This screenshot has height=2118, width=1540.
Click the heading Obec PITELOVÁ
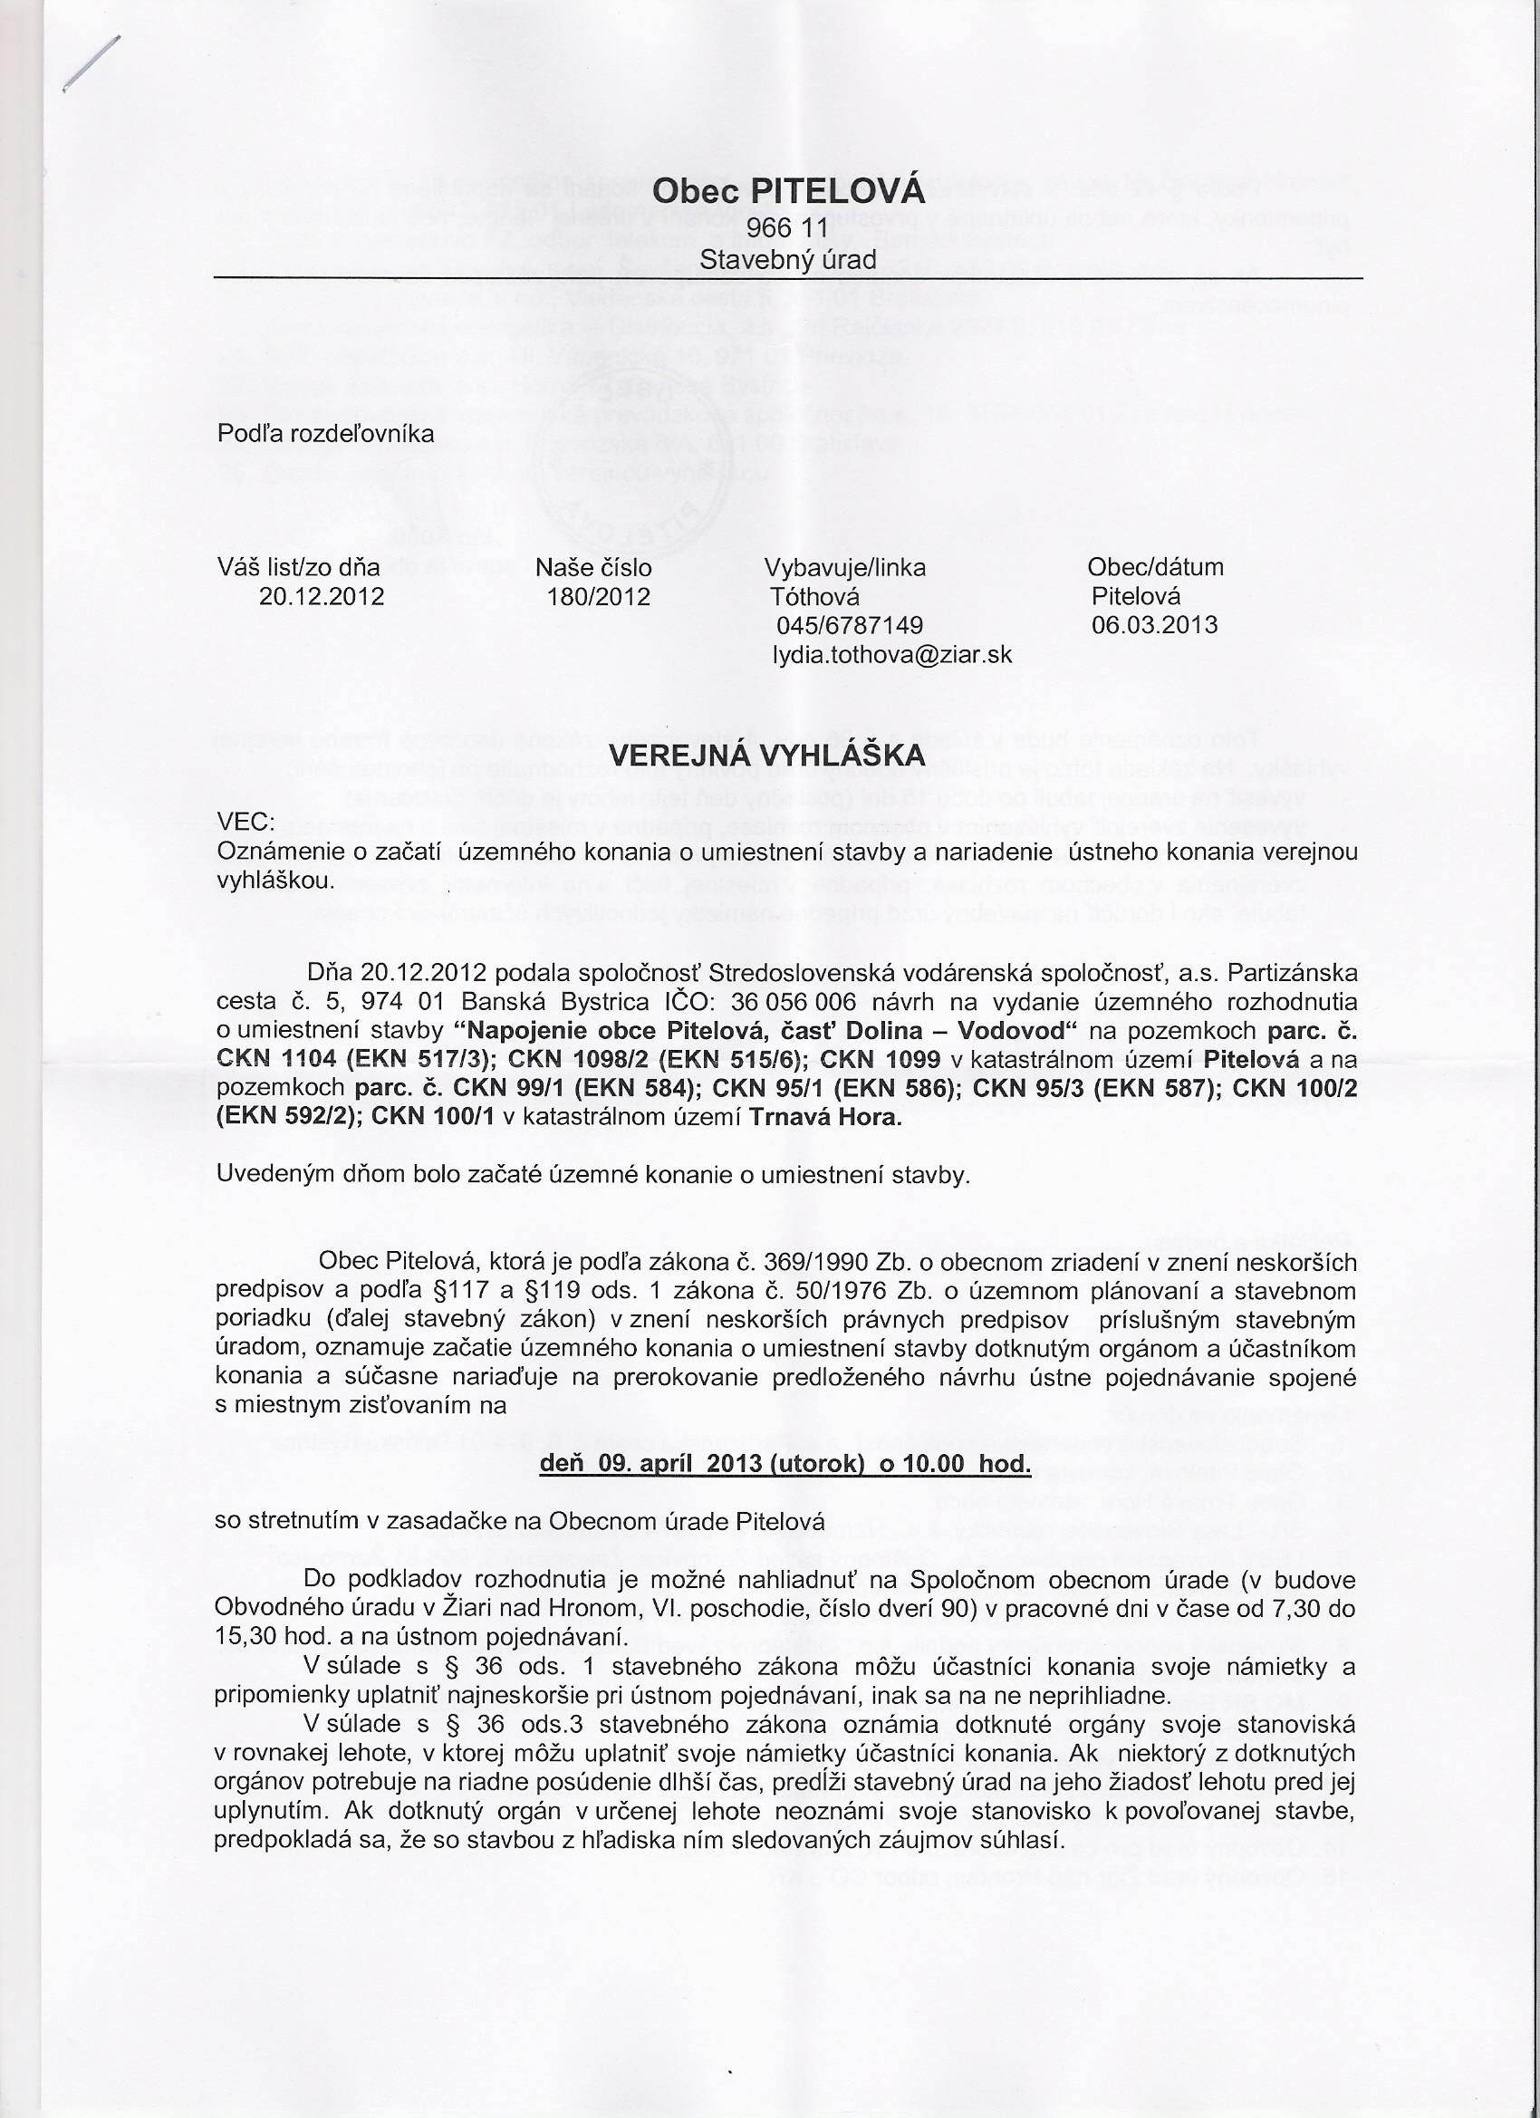(788, 192)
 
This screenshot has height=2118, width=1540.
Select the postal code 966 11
(788, 229)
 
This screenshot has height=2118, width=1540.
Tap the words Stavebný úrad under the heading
(788, 260)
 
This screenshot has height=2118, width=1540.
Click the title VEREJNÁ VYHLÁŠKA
(766, 755)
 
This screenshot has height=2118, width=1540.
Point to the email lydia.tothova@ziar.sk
(892, 655)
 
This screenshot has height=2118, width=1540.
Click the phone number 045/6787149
(849, 625)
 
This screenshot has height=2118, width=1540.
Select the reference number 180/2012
(599, 597)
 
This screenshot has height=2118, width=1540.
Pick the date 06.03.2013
(1154, 625)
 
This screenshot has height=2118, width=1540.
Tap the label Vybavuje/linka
(845, 568)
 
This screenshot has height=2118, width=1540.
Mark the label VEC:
(245, 822)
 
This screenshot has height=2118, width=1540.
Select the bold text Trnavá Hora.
(826, 1118)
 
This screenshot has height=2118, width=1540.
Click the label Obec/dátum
(1155, 567)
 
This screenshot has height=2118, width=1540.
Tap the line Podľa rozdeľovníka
(325, 434)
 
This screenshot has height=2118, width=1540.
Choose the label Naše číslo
(593, 568)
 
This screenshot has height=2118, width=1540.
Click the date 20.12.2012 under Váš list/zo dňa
(322, 597)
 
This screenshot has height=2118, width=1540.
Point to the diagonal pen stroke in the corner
(91, 63)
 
